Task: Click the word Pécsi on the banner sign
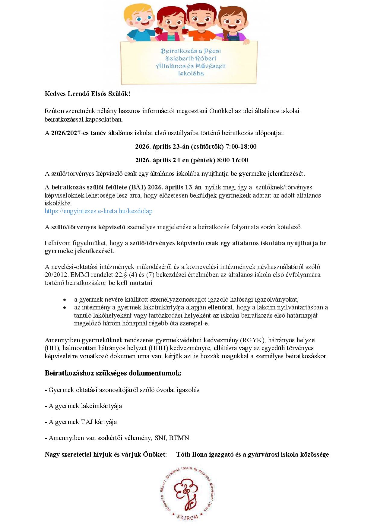tap(212, 51)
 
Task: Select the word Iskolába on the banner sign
tap(191, 73)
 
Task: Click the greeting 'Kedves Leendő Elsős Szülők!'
tap(87, 94)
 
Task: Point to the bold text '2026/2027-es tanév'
tap(78, 133)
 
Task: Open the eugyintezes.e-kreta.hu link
tap(98, 211)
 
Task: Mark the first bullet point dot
tap(65, 300)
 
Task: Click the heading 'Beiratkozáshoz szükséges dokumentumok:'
tap(113, 373)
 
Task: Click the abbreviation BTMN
tap(179, 438)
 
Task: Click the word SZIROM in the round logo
tap(187, 517)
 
